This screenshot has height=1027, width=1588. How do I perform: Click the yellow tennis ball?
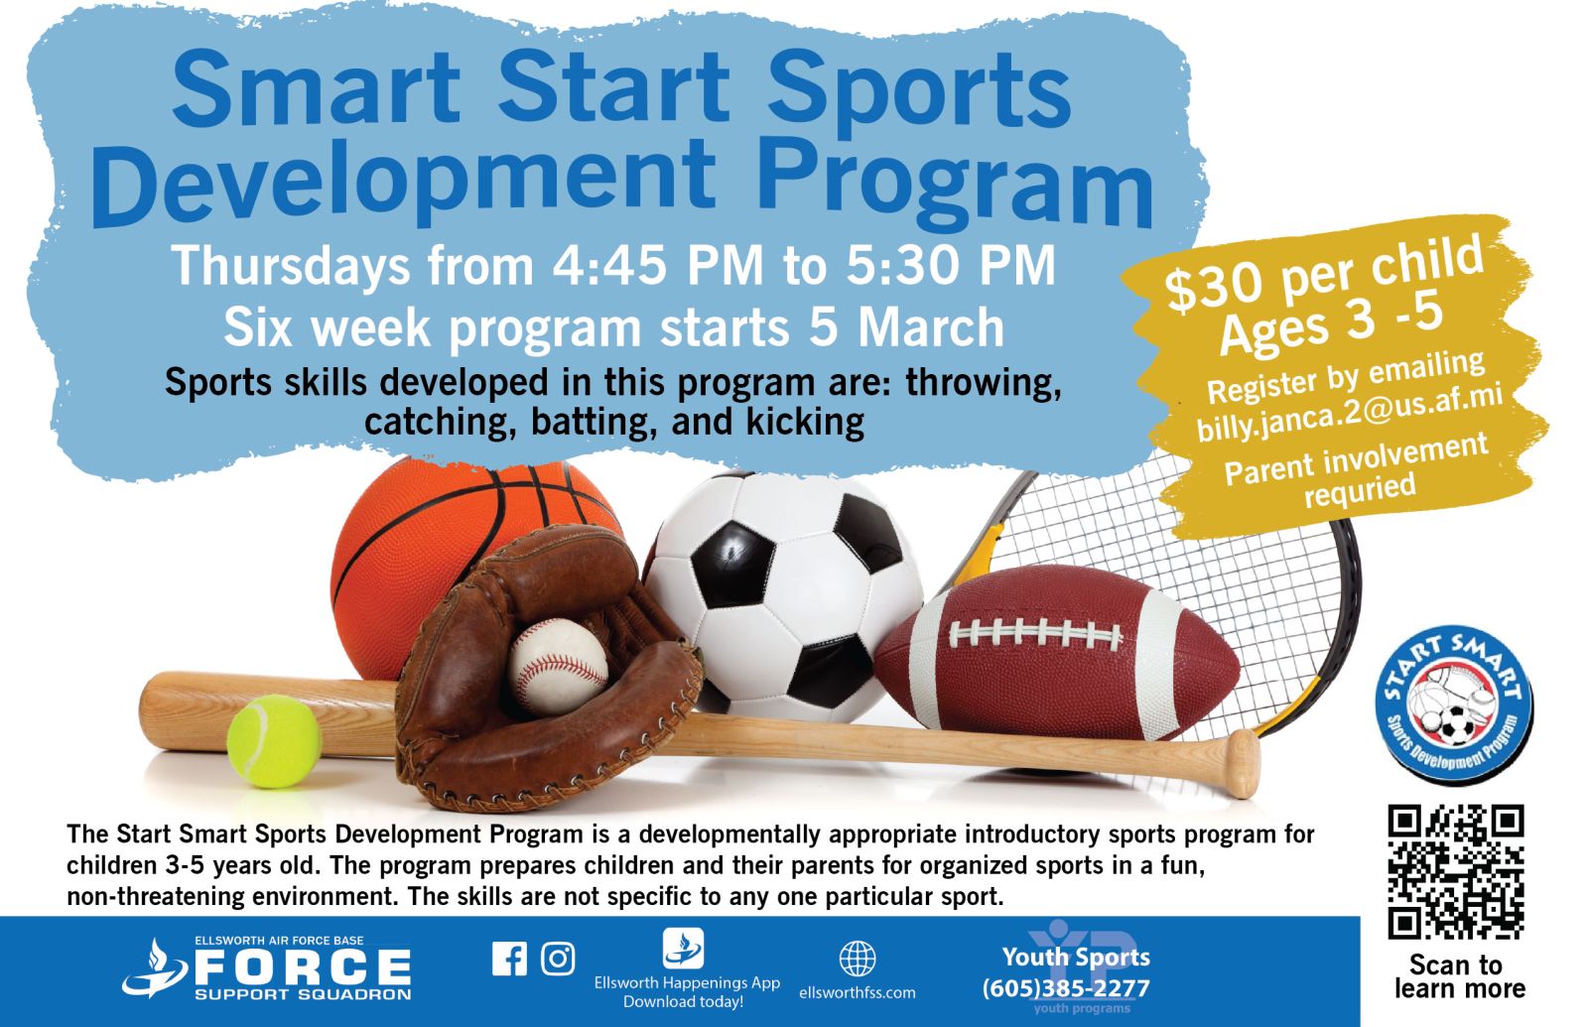pyautogui.click(x=274, y=741)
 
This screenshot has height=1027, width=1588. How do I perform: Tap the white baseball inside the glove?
pyautogui.click(x=560, y=666)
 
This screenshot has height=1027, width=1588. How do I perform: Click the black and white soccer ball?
pyautogui.click(x=783, y=596)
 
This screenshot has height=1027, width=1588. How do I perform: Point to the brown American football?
pyautogui.click(x=1057, y=653)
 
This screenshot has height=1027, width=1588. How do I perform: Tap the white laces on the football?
pyautogui.click(x=1036, y=632)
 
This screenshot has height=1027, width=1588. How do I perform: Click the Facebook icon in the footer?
pyautogui.click(x=510, y=959)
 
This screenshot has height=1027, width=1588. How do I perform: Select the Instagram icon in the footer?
pyautogui.click(x=558, y=959)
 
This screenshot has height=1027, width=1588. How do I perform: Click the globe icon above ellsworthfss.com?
pyautogui.click(x=858, y=959)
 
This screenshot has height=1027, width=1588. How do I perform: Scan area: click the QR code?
pyautogui.click(x=1455, y=871)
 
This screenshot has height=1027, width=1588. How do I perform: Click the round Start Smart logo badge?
pyautogui.click(x=1454, y=704)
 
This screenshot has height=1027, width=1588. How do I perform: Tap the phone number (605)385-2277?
pyautogui.click(x=1066, y=988)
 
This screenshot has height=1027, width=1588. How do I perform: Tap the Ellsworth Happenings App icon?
pyautogui.click(x=684, y=948)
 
